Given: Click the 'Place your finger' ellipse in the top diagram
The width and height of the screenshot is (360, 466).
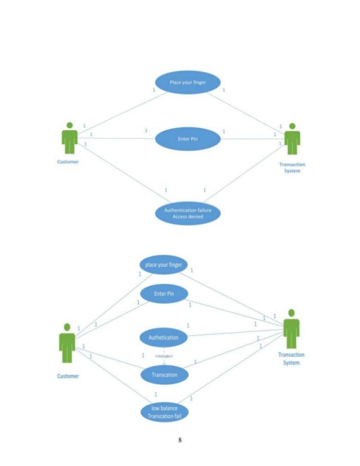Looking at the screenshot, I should tap(188, 83).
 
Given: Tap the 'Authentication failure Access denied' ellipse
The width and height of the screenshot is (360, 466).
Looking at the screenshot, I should tap(188, 214).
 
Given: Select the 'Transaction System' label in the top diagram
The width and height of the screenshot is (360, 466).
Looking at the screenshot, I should tap(292, 168).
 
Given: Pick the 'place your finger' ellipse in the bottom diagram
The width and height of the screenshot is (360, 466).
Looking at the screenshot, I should tap(164, 265).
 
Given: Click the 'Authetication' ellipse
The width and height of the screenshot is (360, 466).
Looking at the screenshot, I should tap(163, 337).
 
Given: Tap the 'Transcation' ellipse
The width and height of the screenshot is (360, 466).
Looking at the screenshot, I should tap(164, 374).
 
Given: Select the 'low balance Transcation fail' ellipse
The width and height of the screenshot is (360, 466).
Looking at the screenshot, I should tap(164, 412).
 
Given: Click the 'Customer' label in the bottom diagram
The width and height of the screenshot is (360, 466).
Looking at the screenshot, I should tap(68, 376).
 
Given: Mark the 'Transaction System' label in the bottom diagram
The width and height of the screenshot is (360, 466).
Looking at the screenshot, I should tap(292, 359).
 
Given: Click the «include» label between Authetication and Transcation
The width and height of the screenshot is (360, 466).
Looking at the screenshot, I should tap(164, 356).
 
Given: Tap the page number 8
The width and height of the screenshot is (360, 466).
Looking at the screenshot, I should tap(179, 440).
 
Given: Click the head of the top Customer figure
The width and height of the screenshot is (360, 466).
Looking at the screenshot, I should tap(69, 125).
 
